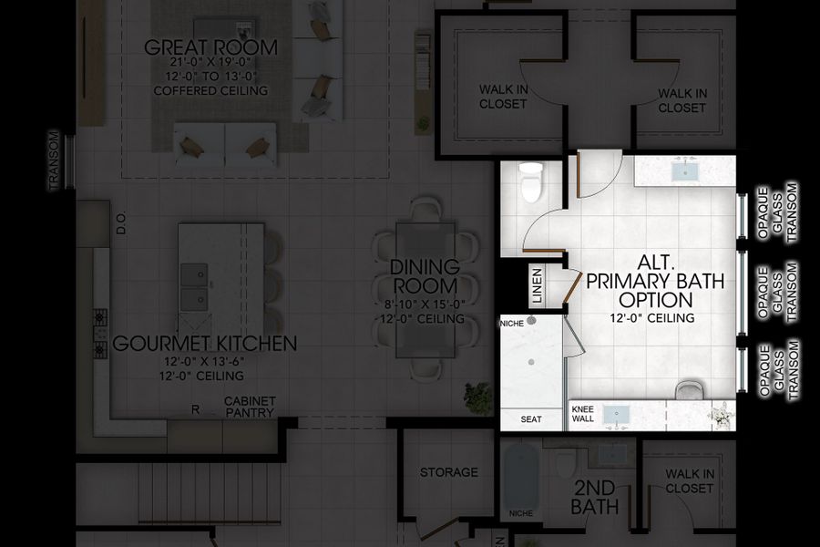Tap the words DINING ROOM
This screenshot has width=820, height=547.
point(424,276)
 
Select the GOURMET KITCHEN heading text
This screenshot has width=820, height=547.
point(204,344)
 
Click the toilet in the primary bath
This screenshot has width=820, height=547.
point(529,183)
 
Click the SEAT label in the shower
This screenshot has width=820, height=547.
point(531,419)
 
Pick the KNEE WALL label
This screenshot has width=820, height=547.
point(584,414)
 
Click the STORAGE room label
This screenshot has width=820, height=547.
point(448,472)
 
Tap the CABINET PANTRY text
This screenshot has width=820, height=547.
point(249,408)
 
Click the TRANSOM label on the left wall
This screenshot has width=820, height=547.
point(54,161)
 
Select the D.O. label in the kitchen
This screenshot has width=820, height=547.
point(120,224)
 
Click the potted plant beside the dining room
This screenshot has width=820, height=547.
point(477,397)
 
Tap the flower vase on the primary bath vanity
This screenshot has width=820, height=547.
point(723,415)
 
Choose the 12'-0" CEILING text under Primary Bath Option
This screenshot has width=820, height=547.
point(653,318)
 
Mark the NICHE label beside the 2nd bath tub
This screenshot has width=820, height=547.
point(522,512)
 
